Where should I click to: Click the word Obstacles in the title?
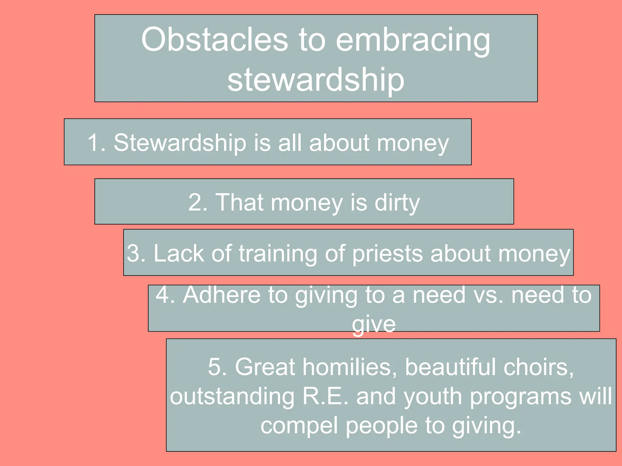(214, 39)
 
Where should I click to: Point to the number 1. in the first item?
(97, 143)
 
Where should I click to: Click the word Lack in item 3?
(179, 253)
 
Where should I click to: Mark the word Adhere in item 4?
(221, 295)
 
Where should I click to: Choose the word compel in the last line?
(299, 425)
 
